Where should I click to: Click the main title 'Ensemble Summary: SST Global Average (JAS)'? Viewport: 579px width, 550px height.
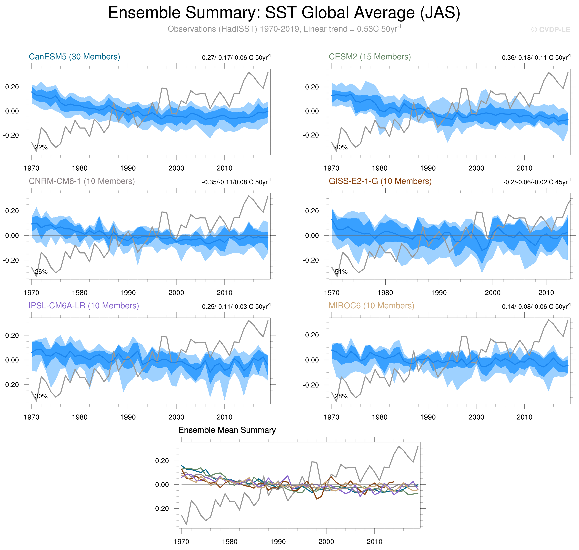click(x=284, y=13)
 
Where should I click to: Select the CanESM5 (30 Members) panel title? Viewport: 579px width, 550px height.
click(x=74, y=57)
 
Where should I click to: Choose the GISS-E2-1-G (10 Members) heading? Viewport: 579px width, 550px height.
click(x=380, y=181)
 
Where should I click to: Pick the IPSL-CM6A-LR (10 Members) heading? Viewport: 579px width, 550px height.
click(x=84, y=306)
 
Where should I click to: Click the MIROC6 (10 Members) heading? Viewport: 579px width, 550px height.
click(x=371, y=306)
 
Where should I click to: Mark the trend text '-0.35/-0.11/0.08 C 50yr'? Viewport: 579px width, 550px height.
click(x=236, y=182)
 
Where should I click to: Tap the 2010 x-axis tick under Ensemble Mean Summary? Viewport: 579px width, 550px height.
click(x=374, y=541)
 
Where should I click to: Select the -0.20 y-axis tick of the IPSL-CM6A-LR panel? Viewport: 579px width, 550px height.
click(x=11, y=385)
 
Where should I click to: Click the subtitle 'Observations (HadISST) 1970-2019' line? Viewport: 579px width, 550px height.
click(x=284, y=29)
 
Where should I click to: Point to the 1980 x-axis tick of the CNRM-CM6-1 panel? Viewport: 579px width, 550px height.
click(x=80, y=293)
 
